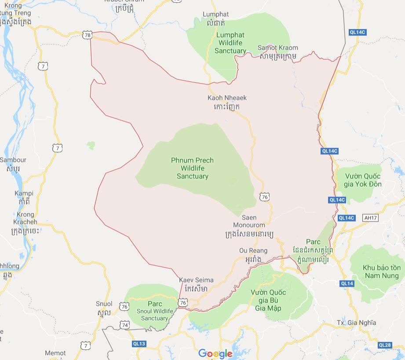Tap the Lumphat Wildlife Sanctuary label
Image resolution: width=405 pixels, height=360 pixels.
click(230, 43)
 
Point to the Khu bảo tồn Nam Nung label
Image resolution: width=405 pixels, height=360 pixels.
click(382, 272)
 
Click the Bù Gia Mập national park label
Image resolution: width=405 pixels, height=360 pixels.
click(268, 300)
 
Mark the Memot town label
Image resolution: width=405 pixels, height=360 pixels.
click(55, 353)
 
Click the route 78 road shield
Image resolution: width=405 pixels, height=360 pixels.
click(87, 34)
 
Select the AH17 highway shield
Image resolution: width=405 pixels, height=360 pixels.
click(371, 218)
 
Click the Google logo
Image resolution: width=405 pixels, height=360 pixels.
click(215, 353)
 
